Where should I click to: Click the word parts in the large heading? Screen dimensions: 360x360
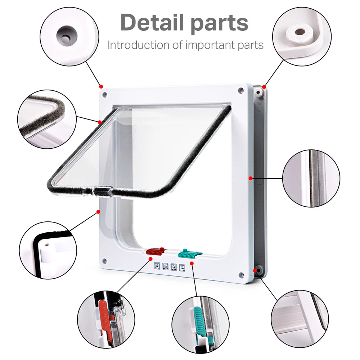click(219, 23)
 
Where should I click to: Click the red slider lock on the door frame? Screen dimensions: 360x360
click(156, 251)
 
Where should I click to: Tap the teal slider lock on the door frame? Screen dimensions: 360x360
click(190, 253)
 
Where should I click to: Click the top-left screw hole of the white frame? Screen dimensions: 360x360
click(104, 95)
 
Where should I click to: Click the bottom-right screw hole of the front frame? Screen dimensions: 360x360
click(240, 275)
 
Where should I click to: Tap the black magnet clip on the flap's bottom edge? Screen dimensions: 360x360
click(103, 190)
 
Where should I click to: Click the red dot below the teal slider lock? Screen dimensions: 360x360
click(192, 264)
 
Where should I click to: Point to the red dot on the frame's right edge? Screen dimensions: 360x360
click(250, 177)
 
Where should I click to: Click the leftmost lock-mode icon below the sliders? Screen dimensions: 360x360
click(157, 267)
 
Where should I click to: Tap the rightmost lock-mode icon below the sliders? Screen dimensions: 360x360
click(182, 267)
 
